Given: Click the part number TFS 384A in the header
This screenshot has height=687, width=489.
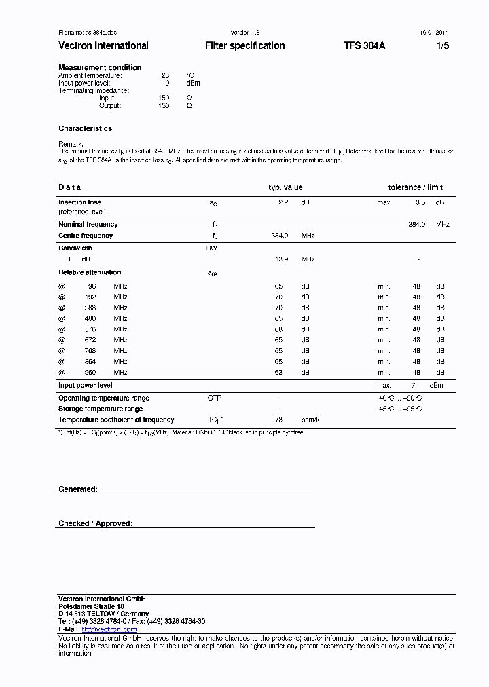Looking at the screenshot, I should [x=364, y=45].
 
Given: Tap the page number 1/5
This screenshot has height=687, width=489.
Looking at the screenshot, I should [x=441, y=45].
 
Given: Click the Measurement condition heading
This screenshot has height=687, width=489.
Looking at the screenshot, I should [x=100, y=67].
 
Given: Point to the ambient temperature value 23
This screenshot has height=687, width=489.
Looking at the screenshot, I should [x=165, y=75].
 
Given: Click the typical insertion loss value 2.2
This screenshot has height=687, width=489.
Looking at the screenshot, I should [x=284, y=202].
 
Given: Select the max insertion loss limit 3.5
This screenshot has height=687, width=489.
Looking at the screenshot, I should [x=420, y=202].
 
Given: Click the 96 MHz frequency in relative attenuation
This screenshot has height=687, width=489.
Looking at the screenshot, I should [x=92, y=286].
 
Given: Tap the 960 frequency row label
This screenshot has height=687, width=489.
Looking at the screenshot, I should [x=90, y=373].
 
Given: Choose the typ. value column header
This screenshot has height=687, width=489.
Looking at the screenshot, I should [x=285, y=187].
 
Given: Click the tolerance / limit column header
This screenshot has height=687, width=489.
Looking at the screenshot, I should [x=415, y=187].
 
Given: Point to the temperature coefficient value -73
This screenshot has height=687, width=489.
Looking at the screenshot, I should [x=277, y=420].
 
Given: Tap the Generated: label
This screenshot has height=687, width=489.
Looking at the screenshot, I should [x=78, y=489].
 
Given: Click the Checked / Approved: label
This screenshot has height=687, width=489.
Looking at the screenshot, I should [x=95, y=523].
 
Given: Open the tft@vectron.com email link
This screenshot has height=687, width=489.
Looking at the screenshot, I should [x=109, y=629].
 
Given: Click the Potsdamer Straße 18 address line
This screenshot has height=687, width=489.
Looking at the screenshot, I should [x=91, y=606].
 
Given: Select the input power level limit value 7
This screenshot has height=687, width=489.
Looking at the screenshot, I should [x=413, y=386].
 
